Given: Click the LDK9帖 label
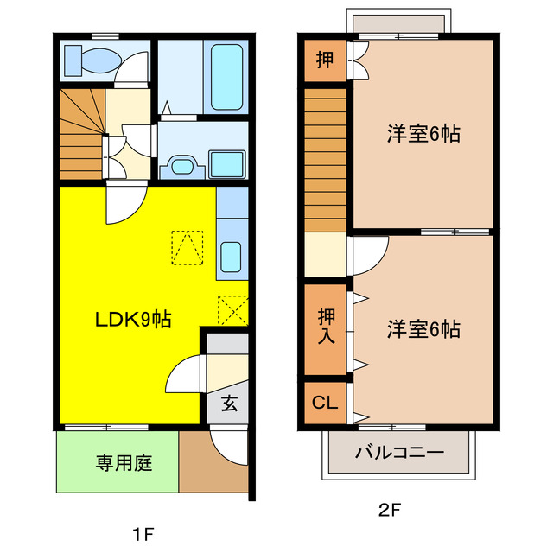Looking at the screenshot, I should (132, 320).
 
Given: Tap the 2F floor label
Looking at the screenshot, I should (389, 510).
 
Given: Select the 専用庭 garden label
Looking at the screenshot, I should (123, 463).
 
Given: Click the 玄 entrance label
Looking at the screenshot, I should (228, 404).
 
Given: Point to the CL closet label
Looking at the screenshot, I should (324, 402).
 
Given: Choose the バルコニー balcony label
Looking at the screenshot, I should (399, 453).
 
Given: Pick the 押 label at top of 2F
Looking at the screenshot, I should (324, 60).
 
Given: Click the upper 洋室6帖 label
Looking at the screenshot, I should (423, 134).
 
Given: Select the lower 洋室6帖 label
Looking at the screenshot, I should (423, 328).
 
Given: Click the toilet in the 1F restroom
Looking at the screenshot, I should (93, 61).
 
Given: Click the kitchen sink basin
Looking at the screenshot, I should (231, 257).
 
